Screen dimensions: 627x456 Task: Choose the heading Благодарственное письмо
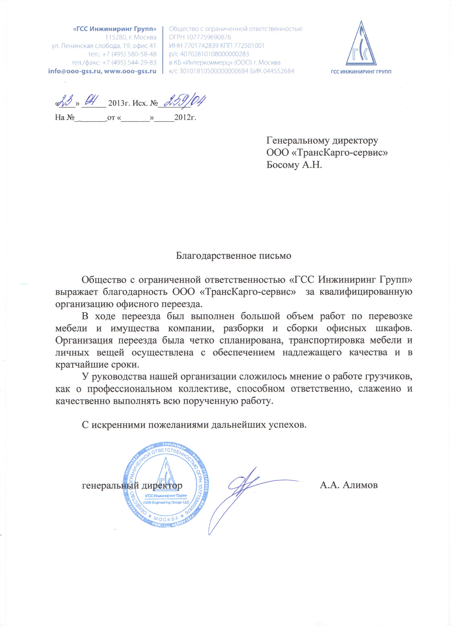[234, 256]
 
